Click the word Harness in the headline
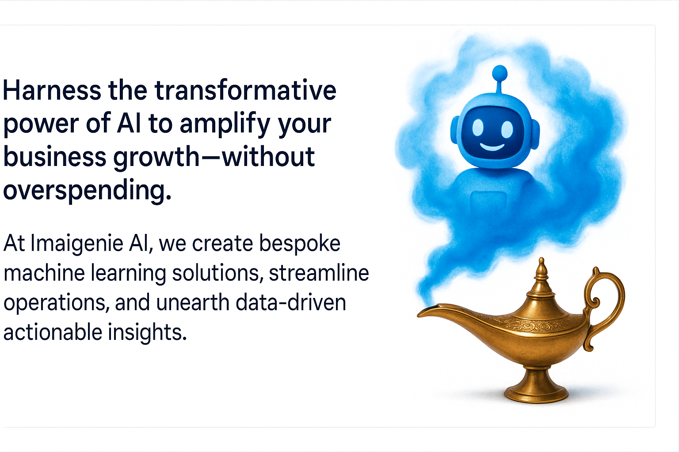tap(52, 90)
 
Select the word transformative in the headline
tap(245, 90)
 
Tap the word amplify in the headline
tap(225, 124)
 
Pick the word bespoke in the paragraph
tap(300, 244)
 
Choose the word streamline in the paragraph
tap(319, 273)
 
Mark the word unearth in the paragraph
tap(193, 302)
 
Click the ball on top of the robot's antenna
tap(500, 73)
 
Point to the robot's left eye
tap(478, 128)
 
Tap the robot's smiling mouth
tap(492, 147)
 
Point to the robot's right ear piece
tap(535, 135)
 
